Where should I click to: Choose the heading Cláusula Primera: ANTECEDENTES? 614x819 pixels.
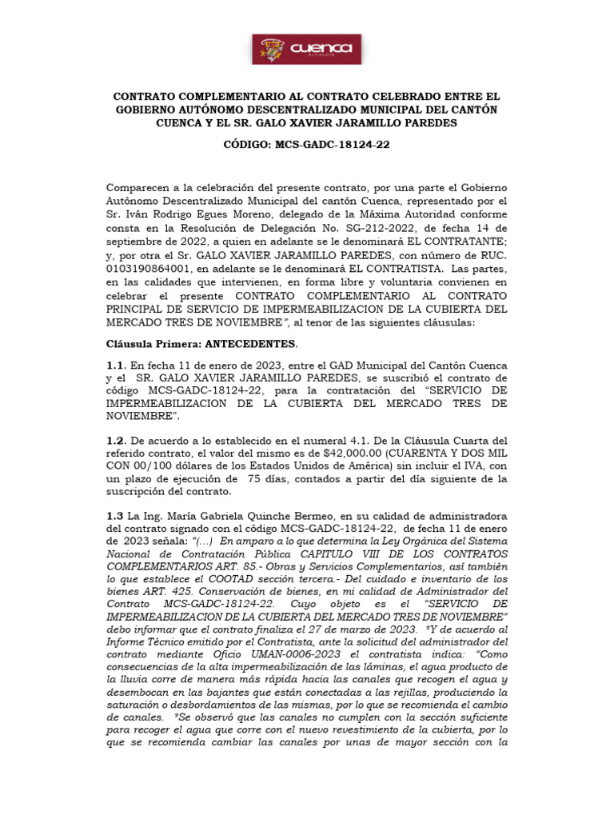pos(201,344)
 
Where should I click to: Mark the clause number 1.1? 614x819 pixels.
pos(117,365)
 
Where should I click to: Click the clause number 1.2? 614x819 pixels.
pos(117,440)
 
